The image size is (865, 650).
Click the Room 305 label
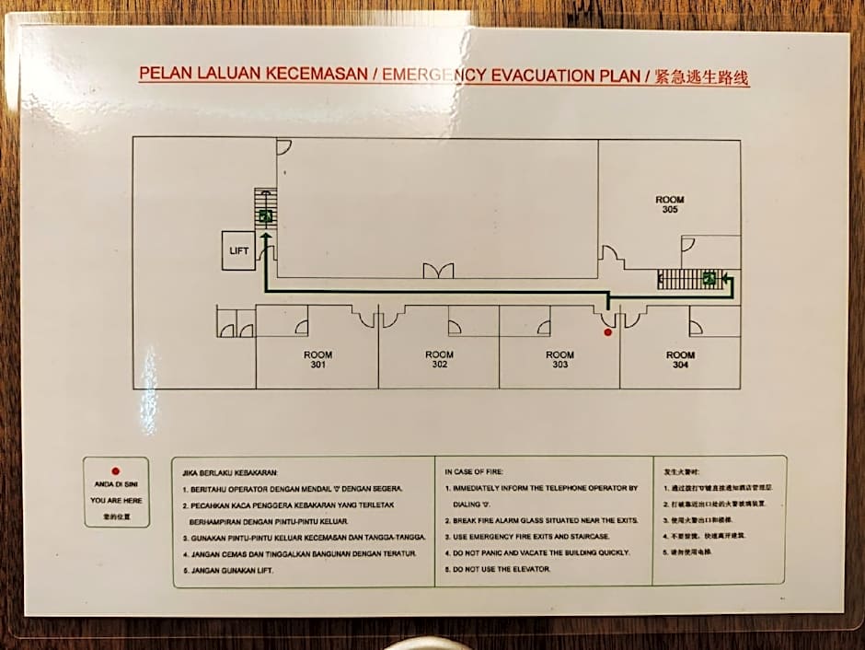pyautogui.click(x=669, y=205)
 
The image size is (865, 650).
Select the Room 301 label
pyautogui.click(x=317, y=360)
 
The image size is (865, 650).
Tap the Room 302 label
pyautogui.click(x=439, y=360)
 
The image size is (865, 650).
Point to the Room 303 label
pyautogui.click(x=559, y=360)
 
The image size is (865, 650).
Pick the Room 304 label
pyautogui.click(x=680, y=360)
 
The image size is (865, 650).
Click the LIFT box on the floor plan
pyautogui.click(x=238, y=251)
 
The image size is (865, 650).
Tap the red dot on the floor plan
pyautogui.click(x=607, y=331)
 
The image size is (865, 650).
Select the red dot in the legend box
pyautogui.click(x=116, y=471)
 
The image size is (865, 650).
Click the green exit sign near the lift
pyautogui.click(x=265, y=216)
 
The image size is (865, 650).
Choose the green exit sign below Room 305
pyautogui.click(x=709, y=277)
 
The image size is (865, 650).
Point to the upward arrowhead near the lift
pyautogui.click(x=265, y=237)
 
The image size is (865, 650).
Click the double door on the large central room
pyautogui.click(x=438, y=271)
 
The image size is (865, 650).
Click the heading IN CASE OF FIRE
pyautogui.click(x=475, y=471)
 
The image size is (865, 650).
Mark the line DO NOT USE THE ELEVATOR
pyautogui.click(x=502, y=570)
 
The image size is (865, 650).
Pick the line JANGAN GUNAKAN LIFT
pyautogui.click(x=227, y=571)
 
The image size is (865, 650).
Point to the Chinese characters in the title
pyautogui.click(x=701, y=77)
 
